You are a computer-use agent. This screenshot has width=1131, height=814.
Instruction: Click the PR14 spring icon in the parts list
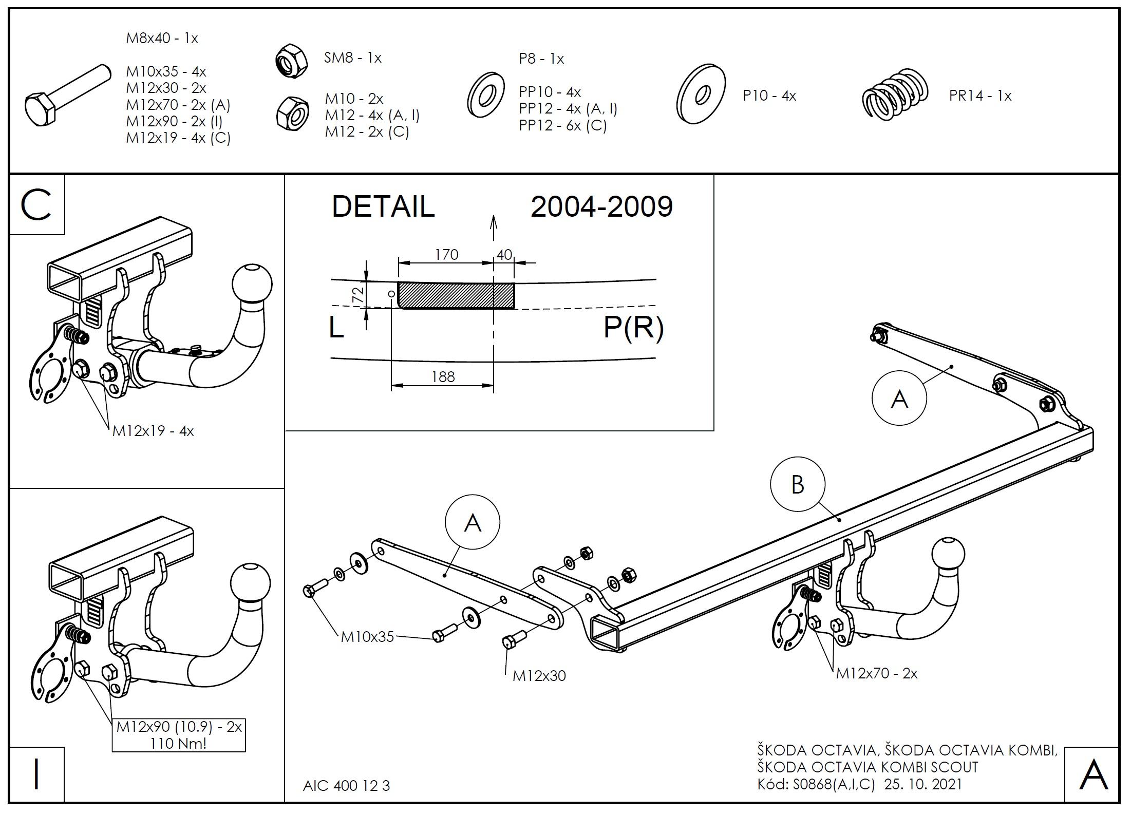coord(895,96)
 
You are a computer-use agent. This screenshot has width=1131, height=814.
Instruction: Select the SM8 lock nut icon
coord(291,61)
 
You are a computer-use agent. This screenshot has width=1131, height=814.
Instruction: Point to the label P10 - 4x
coord(769,96)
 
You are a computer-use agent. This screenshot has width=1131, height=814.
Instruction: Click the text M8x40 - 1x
coord(162,39)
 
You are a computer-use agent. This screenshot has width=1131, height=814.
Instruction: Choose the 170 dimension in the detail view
coord(446,254)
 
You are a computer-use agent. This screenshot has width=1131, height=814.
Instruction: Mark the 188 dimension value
coord(443,377)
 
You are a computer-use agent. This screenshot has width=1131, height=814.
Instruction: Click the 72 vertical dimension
coord(358,294)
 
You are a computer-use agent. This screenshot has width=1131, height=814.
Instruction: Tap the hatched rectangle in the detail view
coord(456,295)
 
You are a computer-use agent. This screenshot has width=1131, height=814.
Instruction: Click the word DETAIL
coord(383,206)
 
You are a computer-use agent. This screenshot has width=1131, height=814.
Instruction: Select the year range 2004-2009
coord(601,206)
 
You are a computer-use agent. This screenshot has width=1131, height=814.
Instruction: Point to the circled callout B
coord(797,484)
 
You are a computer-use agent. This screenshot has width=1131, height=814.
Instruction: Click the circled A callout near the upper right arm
coord(899,399)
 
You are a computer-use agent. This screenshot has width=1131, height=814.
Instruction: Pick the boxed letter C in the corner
coord(36,205)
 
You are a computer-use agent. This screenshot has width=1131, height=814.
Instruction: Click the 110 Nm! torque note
coord(178,743)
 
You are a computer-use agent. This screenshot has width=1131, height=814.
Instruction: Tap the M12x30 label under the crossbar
coord(539,676)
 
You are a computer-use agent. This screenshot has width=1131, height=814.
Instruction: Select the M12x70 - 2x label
coord(876,673)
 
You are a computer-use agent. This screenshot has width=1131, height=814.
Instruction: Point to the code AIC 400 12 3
coord(346,786)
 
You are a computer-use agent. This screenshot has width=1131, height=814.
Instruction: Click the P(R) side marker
coord(633,327)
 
